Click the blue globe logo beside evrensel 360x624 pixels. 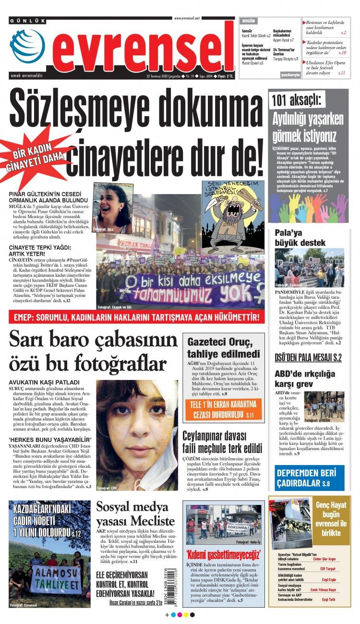(27, 47)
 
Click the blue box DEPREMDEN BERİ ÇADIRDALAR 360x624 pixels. (309, 477)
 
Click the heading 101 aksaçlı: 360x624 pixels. (298, 100)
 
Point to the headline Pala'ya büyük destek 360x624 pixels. (300, 237)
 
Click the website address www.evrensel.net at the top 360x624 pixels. (187, 18)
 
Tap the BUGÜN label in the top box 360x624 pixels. (249, 22)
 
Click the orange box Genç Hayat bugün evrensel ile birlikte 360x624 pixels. (331, 519)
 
